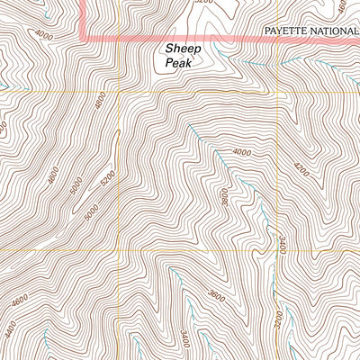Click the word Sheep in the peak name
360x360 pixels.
point(180,51)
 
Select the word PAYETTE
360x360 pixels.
point(285,31)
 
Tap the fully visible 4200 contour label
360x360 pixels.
point(300,168)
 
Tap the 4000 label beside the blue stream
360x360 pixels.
point(240,152)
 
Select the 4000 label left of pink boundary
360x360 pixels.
point(44,35)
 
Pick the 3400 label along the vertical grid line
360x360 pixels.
point(282,241)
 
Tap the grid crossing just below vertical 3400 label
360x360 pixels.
point(277,251)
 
